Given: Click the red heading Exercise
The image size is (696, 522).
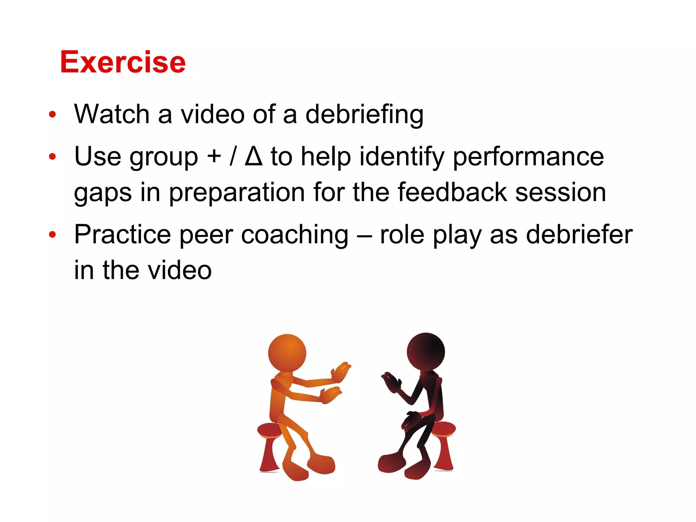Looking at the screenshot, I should [123, 62].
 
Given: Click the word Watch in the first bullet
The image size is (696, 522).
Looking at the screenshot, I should [111, 114].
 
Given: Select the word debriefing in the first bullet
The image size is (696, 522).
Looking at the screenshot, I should [364, 115].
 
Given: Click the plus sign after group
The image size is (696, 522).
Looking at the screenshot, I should [214, 157].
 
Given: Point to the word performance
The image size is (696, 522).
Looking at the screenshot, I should [528, 157].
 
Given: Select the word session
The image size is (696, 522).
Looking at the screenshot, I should [561, 192].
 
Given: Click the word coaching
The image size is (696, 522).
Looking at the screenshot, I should [294, 235].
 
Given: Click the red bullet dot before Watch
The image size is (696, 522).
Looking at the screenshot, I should [52, 115].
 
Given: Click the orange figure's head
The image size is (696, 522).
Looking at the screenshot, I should [287, 353].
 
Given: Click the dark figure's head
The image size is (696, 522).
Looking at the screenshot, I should [425, 352].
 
